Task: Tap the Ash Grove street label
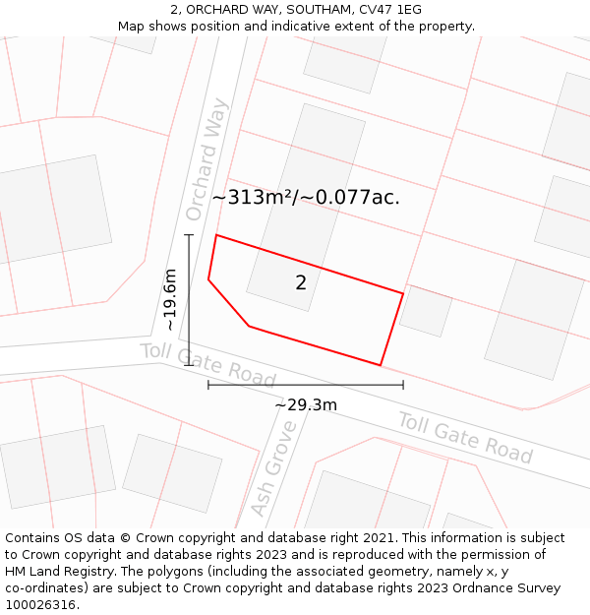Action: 273,468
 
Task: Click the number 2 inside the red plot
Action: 301,283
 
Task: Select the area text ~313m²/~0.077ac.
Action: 306,197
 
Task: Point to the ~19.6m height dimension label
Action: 170,299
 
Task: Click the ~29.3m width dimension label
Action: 306,404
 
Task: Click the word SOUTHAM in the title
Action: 319,9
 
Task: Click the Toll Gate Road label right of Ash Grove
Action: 465,438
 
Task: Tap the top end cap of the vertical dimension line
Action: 189,235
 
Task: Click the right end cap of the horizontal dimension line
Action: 403,385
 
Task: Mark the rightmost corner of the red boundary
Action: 403,293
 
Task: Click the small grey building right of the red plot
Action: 426,311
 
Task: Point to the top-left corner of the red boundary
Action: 216,235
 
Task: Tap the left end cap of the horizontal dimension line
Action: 208,385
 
